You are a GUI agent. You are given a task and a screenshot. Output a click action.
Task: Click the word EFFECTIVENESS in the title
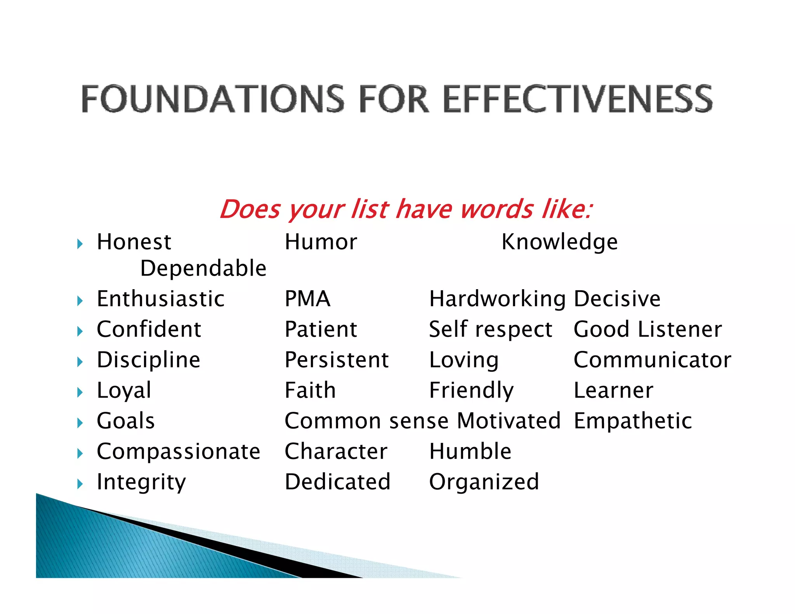click(x=577, y=99)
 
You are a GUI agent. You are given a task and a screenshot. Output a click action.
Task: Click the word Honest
click(x=134, y=242)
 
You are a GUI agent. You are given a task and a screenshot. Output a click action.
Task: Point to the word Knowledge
click(x=559, y=242)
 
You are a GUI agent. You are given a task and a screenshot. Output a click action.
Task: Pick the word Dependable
click(x=203, y=268)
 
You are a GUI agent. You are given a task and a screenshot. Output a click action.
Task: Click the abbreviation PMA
click(x=307, y=299)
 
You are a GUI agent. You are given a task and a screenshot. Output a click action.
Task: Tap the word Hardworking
click(x=497, y=299)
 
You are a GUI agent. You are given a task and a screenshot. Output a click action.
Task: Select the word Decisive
click(x=617, y=299)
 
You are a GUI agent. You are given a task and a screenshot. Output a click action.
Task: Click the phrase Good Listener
click(x=647, y=330)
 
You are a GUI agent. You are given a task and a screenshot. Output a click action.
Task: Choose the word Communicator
click(x=652, y=360)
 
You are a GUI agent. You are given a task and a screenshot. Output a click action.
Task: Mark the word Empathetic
click(x=633, y=421)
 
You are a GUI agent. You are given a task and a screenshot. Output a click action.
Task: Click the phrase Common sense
click(x=366, y=421)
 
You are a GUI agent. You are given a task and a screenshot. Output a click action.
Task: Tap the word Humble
click(x=470, y=451)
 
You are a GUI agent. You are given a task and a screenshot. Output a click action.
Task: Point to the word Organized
click(x=484, y=482)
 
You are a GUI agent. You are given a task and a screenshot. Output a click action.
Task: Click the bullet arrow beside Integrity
click(x=80, y=484)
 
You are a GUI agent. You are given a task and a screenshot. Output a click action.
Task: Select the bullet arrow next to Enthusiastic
click(x=80, y=301)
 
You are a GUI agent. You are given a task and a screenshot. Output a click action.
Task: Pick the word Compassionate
click(x=178, y=451)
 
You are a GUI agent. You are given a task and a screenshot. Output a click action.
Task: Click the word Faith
click(x=310, y=390)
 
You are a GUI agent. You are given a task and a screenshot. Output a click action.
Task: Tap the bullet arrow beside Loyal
click(x=80, y=392)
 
